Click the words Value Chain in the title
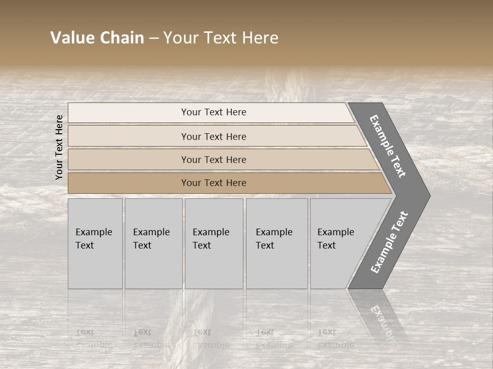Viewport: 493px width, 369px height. click(97, 38)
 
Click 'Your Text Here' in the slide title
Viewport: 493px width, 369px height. click(221, 38)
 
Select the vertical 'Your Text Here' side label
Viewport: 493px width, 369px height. click(59, 147)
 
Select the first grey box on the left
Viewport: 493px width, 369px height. click(95, 266)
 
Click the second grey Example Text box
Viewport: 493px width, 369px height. click(154, 266)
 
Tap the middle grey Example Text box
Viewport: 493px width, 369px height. click(214, 266)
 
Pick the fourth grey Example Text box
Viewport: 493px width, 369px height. click(277, 266)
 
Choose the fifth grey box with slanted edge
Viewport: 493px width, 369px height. click(339, 266)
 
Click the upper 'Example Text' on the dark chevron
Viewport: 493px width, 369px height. click(388, 146)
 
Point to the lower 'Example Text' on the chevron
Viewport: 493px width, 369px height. click(389, 242)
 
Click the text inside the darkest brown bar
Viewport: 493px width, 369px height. click(214, 183)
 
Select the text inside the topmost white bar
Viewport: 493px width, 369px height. click(214, 112)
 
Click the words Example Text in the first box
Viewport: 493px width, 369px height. click(93, 239)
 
